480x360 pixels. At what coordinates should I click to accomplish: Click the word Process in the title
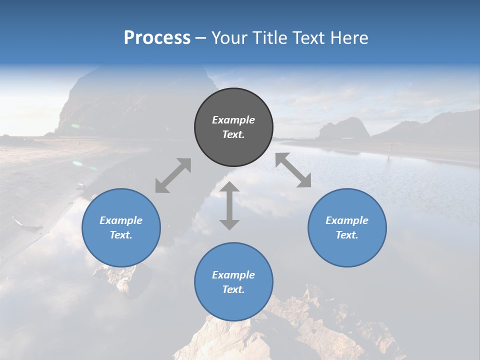[157, 38]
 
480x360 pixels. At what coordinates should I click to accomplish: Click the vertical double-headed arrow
[229, 206]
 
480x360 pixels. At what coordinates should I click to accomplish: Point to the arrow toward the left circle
[173, 175]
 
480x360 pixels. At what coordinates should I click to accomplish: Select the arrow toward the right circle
[293, 170]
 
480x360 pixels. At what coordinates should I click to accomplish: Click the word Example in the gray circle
[233, 120]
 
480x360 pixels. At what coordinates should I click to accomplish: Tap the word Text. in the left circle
[121, 235]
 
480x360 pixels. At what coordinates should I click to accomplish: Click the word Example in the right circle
[347, 220]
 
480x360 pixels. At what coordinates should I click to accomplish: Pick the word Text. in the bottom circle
[233, 289]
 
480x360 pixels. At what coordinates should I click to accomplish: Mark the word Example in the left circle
[121, 220]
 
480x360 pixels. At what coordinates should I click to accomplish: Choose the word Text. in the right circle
[347, 235]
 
